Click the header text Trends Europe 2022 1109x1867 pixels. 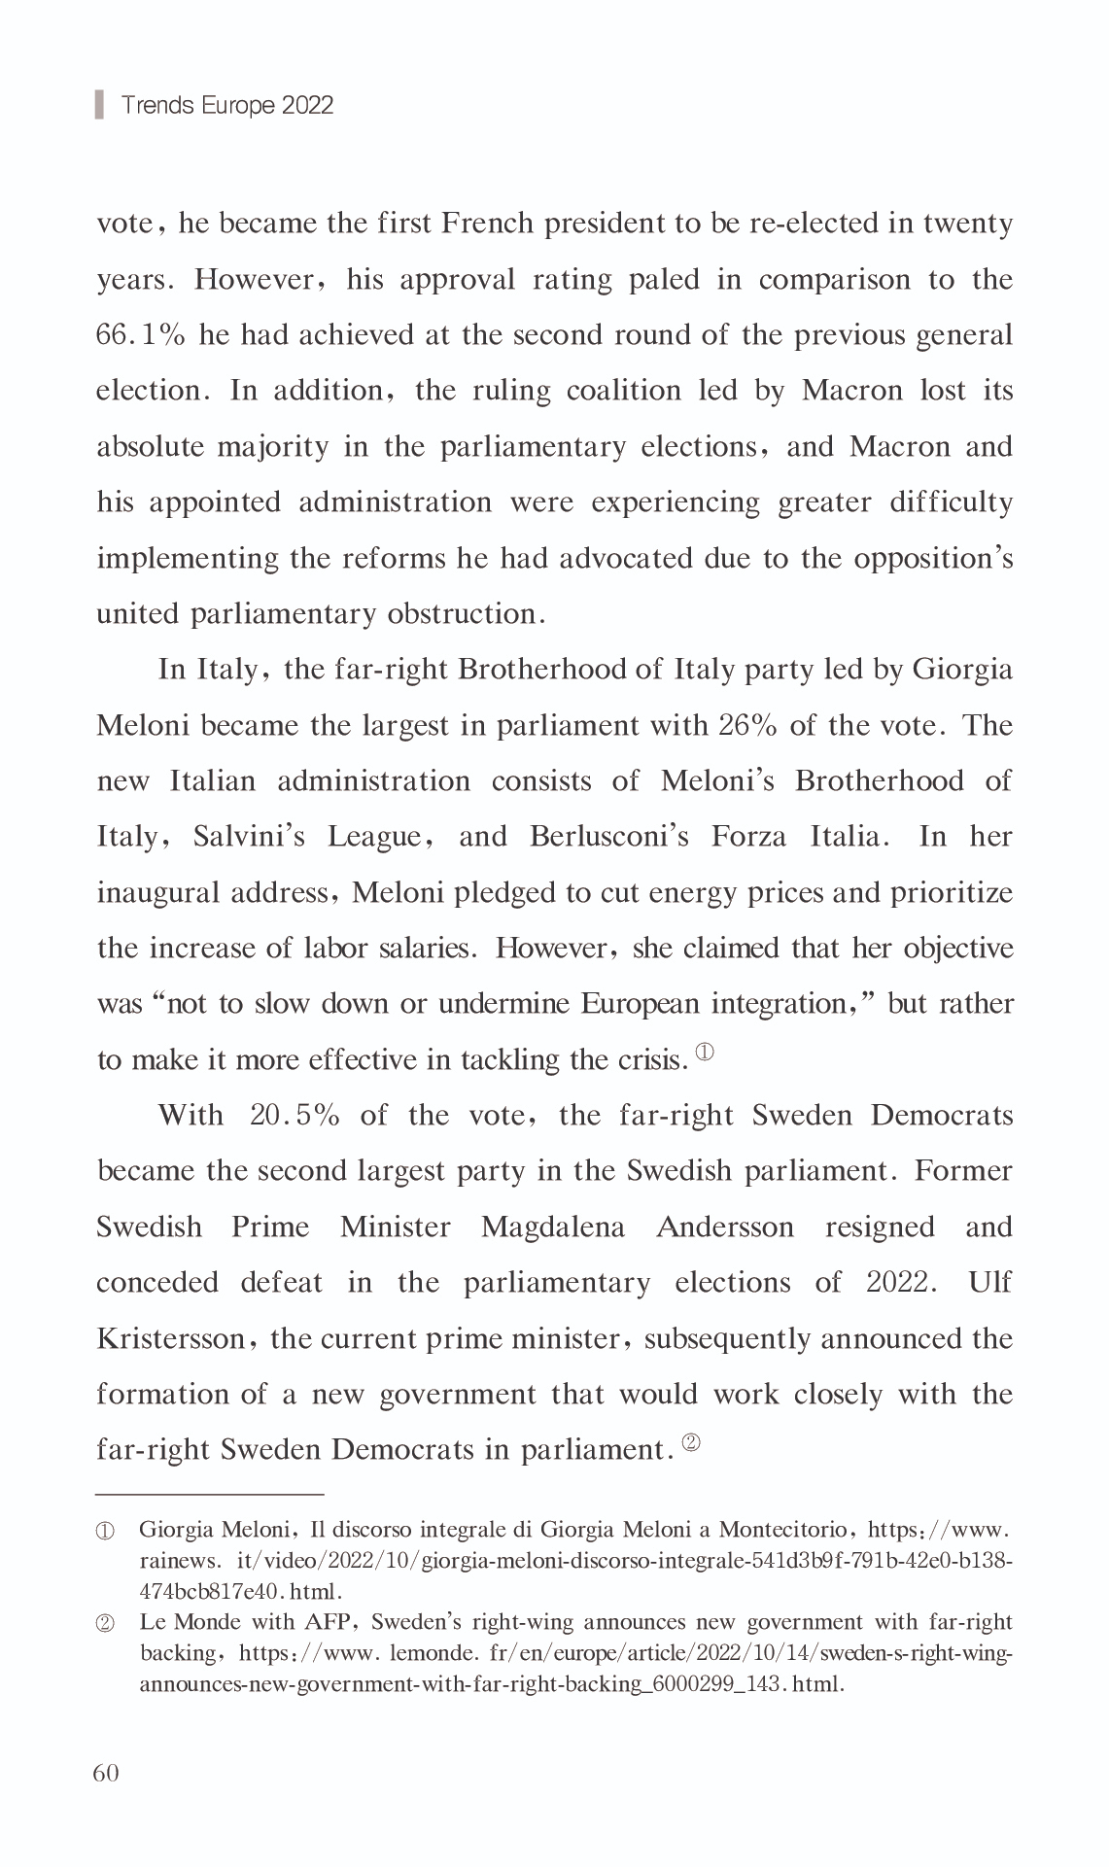pos(227,105)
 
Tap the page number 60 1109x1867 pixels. pos(106,1773)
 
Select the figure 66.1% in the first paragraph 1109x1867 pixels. pos(140,335)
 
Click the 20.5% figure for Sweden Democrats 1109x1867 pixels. pos(295,1115)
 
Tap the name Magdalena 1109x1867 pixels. pos(553,1227)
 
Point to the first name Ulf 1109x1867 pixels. pos(989,1283)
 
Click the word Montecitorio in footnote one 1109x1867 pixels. pos(782,1530)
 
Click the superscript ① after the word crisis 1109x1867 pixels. pos(706,1052)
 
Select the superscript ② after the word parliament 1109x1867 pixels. pos(691,1443)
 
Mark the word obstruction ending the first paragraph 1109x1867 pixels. pos(467,614)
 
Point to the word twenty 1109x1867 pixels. pos(967,225)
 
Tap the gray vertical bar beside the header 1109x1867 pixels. pos(99,104)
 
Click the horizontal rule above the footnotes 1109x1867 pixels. pos(209,1492)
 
